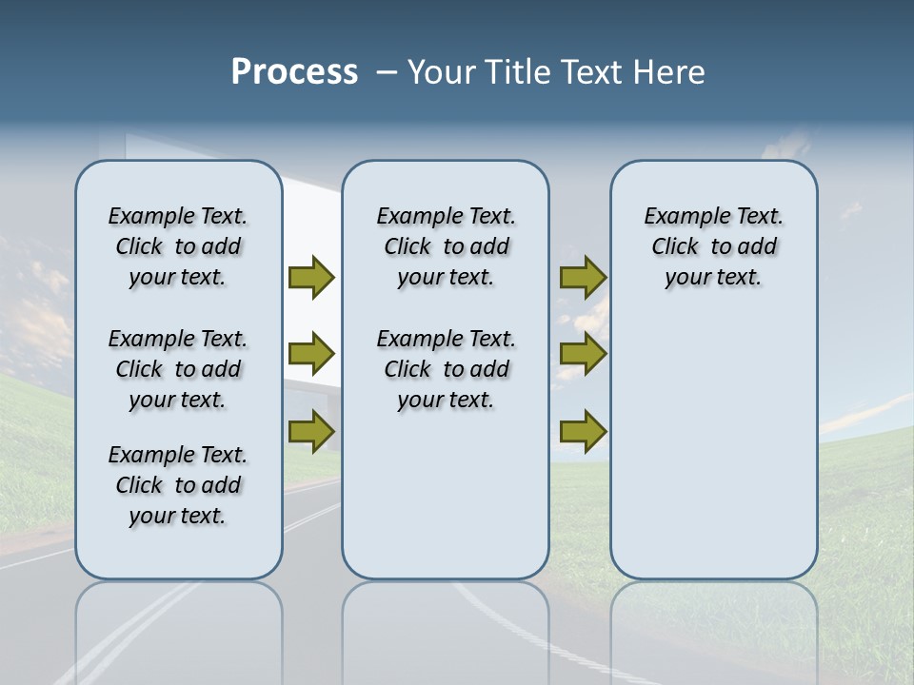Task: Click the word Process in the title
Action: click(x=294, y=72)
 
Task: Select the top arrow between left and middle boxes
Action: click(x=311, y=278)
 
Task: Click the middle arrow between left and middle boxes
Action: click(x=311, y=354)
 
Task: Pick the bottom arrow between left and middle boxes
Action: click(x=311, y=431)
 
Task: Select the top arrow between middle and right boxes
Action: click(x=583, y=278)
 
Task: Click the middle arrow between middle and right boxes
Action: click(x=583, y=354)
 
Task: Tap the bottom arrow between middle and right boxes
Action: click(x=583, y=431)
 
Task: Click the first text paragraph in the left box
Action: click(x=178, y=246)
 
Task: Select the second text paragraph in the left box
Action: click(x=178, y=369)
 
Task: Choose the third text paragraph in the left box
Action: click(x=178, y=485)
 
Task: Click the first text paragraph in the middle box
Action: click(x=446, y=246)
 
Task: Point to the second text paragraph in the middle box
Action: click(x=446, y=369)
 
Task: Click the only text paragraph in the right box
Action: click(x=713, y=246)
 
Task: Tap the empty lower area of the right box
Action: click(x=713, y=447)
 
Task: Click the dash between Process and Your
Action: click(x=387, y=72)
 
